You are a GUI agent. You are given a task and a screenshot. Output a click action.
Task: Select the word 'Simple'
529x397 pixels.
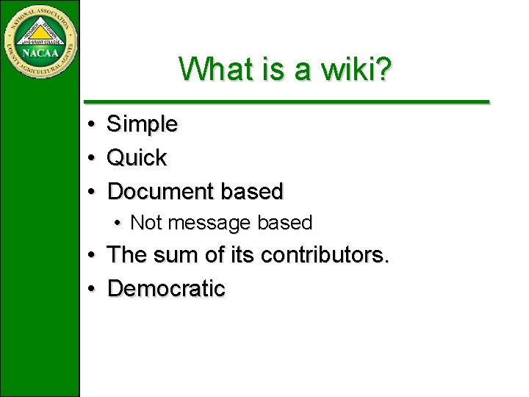pyautogui.click(x=143, y=124)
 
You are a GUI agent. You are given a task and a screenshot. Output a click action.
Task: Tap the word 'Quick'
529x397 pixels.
pyautogui.click(x=137, y=157)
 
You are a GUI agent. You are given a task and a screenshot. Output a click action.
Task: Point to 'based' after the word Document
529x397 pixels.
pyautogui.click(x=252, y=191)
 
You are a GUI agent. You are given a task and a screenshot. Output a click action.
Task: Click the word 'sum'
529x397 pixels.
pyautogui.click(x=176, y=255)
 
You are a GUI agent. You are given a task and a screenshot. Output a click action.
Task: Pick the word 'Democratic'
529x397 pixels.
pyautogui.click(x=166, y=288)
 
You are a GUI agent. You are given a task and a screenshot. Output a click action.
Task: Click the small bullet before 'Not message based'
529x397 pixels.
pyautogui.click(x=118, y=223)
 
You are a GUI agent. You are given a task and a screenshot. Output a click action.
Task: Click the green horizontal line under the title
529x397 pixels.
pyautogui.click(x=286, y=101)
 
